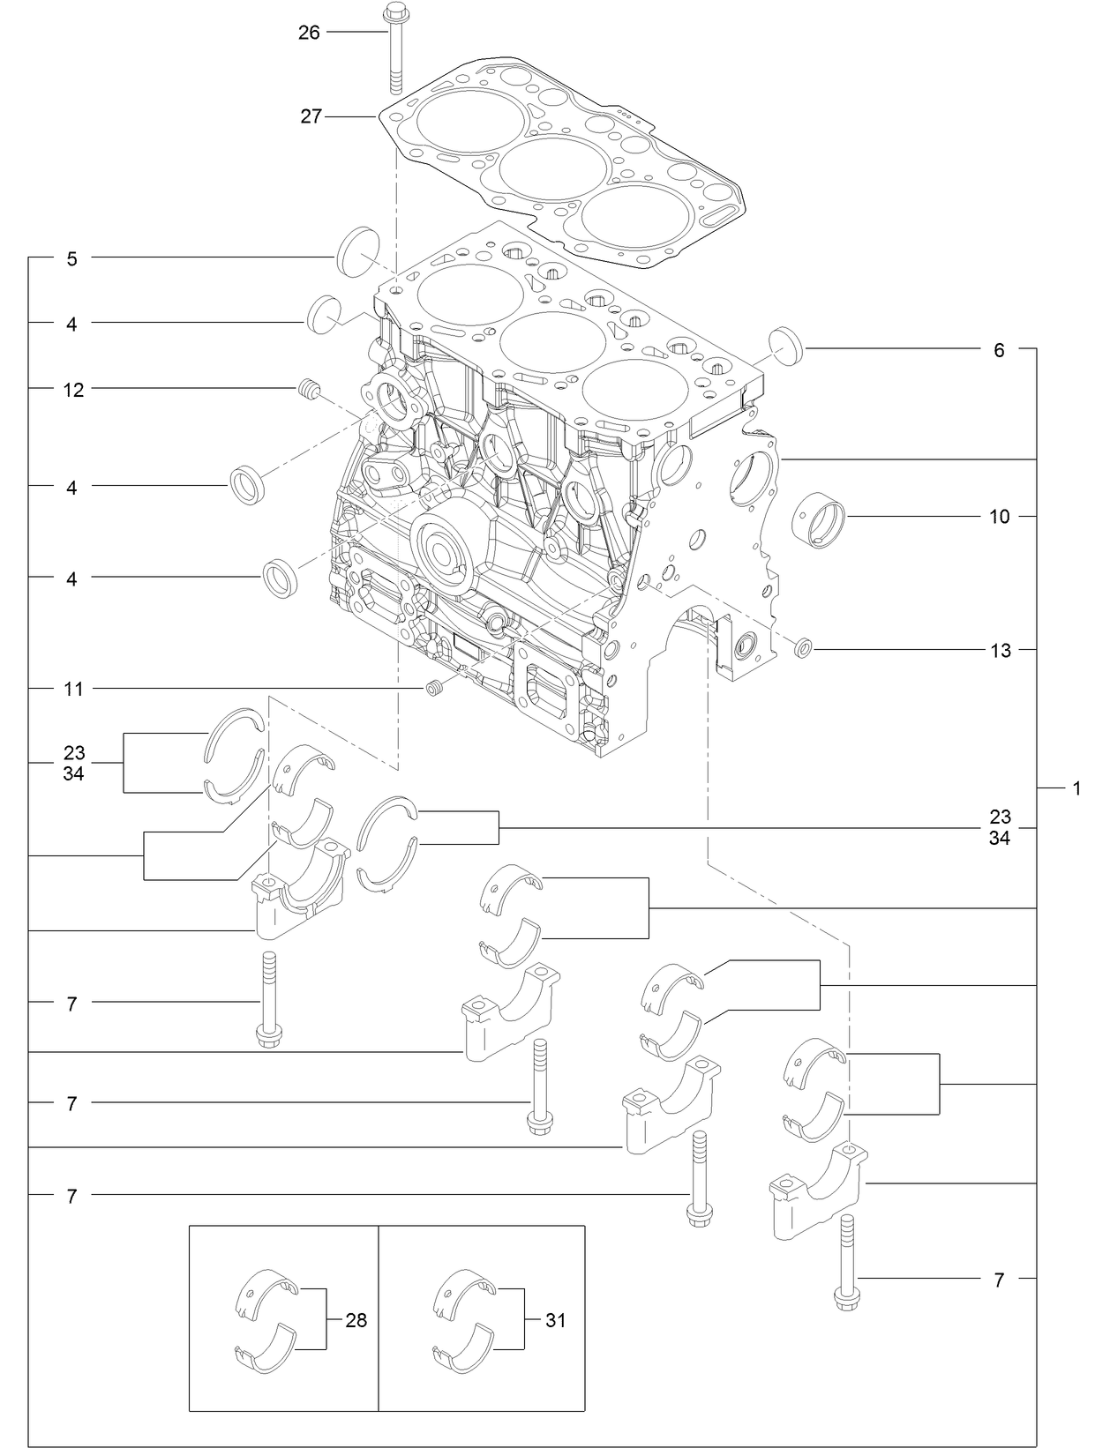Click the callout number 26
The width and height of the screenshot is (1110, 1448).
coord(309,33)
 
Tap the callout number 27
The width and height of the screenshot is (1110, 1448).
coord(311,116)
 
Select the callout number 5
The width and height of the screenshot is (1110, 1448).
coord(72,258)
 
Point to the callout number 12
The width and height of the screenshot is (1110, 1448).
coord(73,389)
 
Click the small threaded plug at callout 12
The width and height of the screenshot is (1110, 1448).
coord(308,388)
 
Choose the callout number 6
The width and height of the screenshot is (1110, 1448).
coord(999,350)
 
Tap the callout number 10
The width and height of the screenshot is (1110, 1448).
coord(999,516)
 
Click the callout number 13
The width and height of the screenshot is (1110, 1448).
coord(1000,651)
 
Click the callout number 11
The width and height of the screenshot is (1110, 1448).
coord(73,689)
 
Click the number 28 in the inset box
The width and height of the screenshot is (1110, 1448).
coord(356,1320)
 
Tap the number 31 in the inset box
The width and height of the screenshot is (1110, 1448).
coord(555,1320)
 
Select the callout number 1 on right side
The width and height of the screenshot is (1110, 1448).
coord(1076,787)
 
